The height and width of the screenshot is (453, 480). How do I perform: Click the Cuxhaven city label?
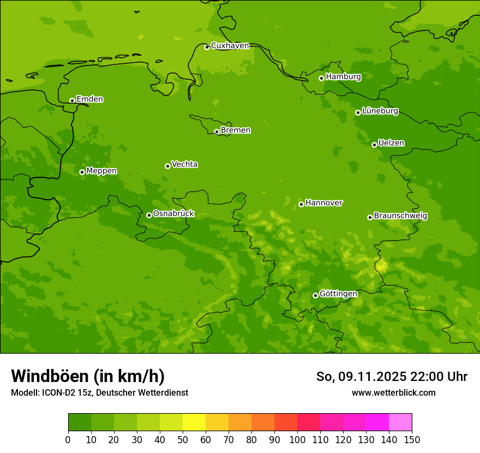pyautogui.click(x=230, y=45)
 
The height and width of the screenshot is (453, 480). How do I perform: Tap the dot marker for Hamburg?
pyautogui.click(x=321, y=78)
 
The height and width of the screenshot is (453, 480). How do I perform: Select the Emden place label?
pyautogui.click(x=89, y=99)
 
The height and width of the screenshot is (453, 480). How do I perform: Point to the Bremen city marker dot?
pyautogui.click(x=217, y=132)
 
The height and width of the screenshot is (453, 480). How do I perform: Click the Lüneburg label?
pyautogui.click(x=380, y=111)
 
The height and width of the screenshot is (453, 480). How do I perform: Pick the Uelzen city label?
pyautogui.click(x=391, y=143)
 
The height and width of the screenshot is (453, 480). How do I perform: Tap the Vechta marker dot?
pyautogui.click(x=167, y=166)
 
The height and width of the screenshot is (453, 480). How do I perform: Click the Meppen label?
pyautogui.click(x=101, y=171)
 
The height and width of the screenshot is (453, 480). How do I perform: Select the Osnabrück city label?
pyautogui.click(x=173, y=213)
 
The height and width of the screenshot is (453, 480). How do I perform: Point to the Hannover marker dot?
pyautogui.click(x=301, y=204)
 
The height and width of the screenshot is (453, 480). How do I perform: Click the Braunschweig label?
pyautogui.click(x=400, y=216)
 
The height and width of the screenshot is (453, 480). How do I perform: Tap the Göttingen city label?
pyautogui.click(x=338, y=294)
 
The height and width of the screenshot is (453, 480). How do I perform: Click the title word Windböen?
pyautogui.click(x=50, y=376)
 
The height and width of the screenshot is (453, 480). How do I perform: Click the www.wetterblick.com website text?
pyautogui.click(x=393, y=392)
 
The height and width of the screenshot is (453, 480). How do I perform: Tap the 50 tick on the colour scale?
pyautogui.click(x=183, y=439)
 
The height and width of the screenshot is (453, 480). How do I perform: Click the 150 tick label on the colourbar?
pyautogui.click(x=412, y=439)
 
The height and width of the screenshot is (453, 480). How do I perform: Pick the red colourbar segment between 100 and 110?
pyautogui.click(x=309, y=422)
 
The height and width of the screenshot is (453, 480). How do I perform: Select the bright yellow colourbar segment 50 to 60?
pyautogui.click(x=194, y=422)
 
